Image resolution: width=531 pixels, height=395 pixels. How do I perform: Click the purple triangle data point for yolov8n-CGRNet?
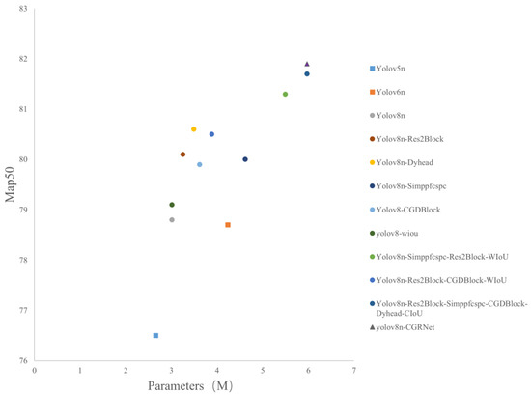pos(307,64)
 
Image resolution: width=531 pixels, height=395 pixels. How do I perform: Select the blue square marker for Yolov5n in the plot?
pos(155,335)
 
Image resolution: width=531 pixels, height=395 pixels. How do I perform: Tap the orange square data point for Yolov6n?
pos(228,224)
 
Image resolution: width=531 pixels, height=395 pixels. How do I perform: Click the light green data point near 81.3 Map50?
pos(285,94)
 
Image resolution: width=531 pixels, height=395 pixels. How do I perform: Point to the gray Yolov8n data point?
pos(172,220)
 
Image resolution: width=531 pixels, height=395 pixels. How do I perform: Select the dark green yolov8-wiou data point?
pos(172,205)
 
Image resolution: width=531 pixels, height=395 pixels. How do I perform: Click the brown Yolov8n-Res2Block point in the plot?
pos(182,155)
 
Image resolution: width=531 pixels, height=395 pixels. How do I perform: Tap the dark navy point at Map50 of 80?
pos(245,159)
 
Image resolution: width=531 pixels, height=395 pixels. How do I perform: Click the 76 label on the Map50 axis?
pos(23,360)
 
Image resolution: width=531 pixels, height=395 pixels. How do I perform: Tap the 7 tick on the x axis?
pos(354,369)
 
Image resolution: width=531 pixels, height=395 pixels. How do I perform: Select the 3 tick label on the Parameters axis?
pos(171,369)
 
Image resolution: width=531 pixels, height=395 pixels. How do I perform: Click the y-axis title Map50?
pos(11,185)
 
